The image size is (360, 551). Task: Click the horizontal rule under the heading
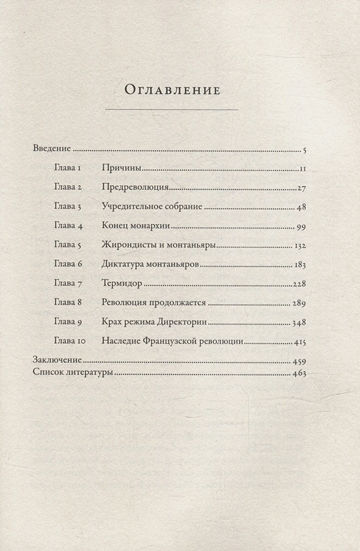[x=172, y=110]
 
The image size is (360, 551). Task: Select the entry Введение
[x=52, y=149]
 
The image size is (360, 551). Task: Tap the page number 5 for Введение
[x=305, y=150]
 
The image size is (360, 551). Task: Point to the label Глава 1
[x=71, y=168]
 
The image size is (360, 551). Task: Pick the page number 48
[x=302, y=207]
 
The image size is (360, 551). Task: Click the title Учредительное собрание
[x=153, y=207]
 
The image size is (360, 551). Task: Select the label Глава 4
[x=71, y=227]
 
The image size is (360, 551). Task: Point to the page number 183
[x=300, y=265]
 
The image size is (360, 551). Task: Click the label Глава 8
[x=71, y=303]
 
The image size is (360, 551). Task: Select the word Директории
[x=184, y=323]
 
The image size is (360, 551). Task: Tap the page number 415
[x=300, y=342]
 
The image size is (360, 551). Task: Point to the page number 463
[x=300, y=374]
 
